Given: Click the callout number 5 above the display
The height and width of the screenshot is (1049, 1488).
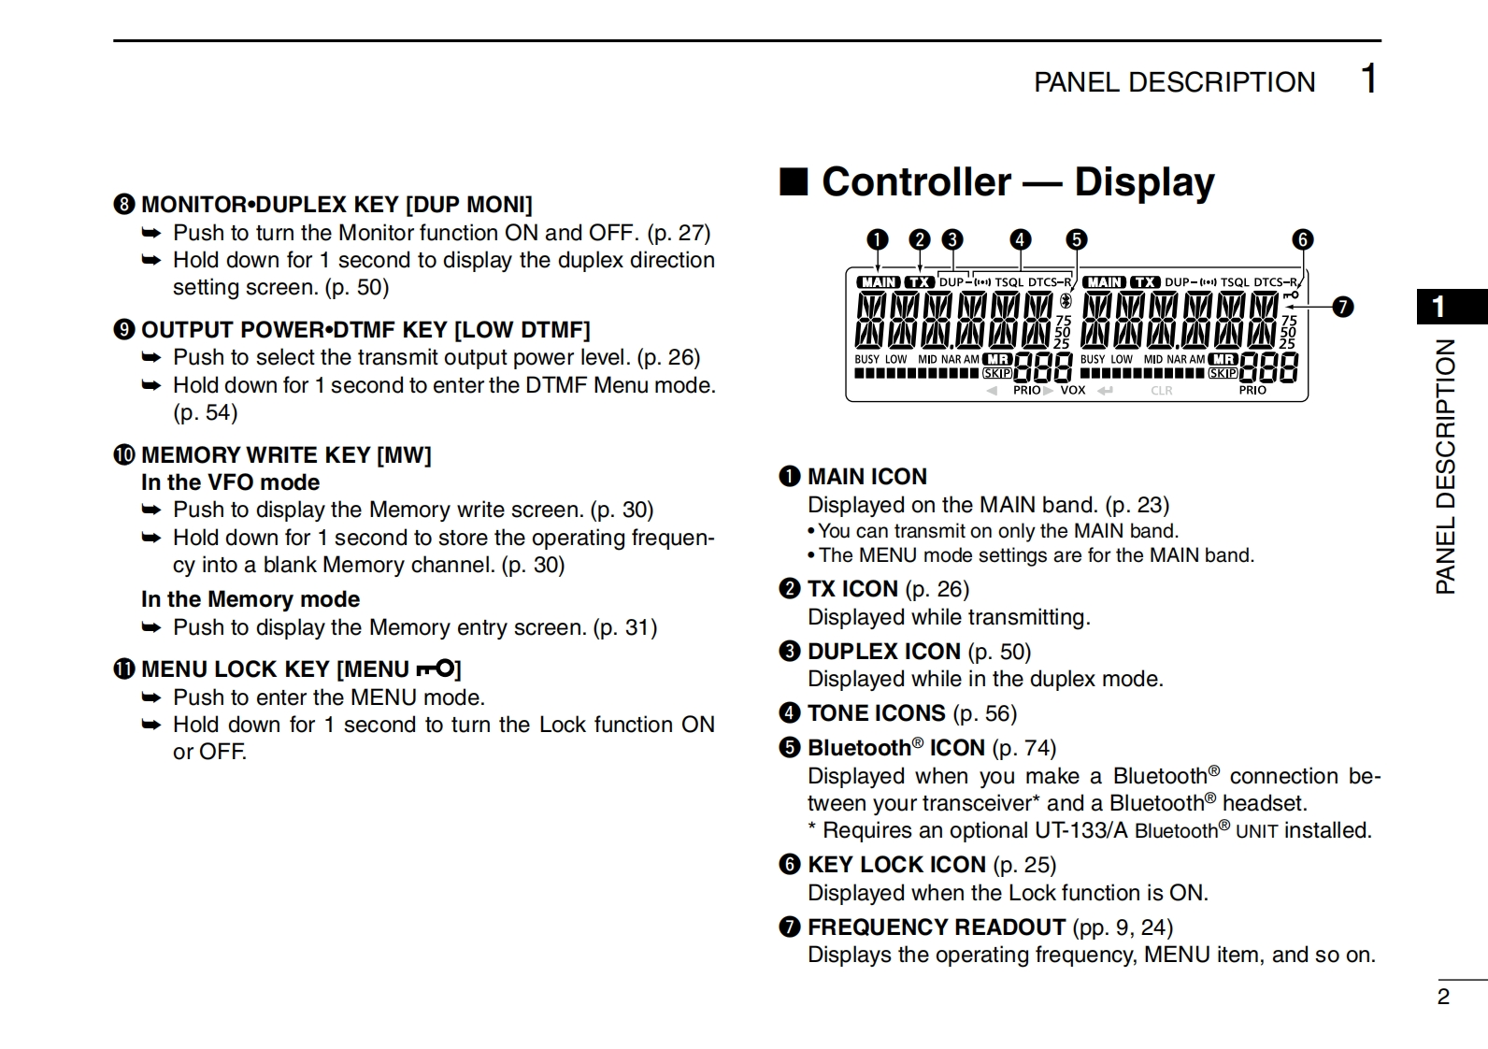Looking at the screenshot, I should point(1077,239).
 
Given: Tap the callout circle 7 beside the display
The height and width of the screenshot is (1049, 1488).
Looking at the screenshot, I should point(1342,307).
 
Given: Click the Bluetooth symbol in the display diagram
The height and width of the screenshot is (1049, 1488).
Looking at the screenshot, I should point(1065,301).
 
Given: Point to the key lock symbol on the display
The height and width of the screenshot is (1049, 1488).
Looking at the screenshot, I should point(1292,295).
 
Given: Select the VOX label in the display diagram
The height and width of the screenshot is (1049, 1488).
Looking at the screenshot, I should point(1072,390).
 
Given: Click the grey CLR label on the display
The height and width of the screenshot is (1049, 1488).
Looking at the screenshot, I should point(1161,390).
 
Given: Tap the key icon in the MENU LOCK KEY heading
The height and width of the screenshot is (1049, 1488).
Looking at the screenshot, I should point(436,668).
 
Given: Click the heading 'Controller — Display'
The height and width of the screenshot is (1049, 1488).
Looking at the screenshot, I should point(1018,181).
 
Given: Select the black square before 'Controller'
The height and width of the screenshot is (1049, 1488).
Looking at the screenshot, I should point(794,181).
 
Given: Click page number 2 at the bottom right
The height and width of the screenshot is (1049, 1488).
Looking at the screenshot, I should point(1443,997).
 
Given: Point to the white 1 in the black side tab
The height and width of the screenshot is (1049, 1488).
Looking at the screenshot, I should point(1439,307).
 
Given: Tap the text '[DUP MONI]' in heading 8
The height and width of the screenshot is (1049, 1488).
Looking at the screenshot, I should point(468,205).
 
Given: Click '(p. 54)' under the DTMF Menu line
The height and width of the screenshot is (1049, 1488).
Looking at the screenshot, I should point(205,412).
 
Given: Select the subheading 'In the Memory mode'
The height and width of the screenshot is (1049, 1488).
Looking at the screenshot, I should point(250,599).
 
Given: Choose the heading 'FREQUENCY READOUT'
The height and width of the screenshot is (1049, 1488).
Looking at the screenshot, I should point(936,927).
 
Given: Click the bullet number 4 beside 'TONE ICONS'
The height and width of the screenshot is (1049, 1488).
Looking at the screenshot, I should point(790,713).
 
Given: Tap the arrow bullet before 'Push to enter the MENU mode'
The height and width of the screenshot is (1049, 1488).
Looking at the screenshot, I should point(151,697).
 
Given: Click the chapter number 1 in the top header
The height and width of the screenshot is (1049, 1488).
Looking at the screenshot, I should point(1368,79).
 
